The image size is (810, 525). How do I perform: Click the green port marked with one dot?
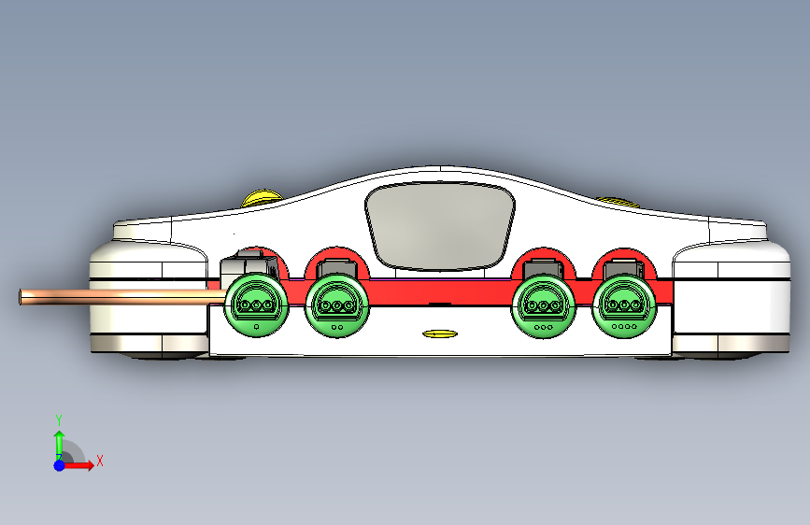(x=255, y=304)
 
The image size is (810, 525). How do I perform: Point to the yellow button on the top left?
(x=263, y=198)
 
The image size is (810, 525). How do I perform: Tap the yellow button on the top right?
(x=614, y=199)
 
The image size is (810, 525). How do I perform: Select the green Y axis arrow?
(x=59, y=441)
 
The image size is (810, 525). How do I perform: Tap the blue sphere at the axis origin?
(x=59, y=464)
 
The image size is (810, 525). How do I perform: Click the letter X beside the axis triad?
(x=99, y=461)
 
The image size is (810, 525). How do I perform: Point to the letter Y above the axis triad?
(x=59, y=419)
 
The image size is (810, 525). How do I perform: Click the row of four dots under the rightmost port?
(x=622, y=327)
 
